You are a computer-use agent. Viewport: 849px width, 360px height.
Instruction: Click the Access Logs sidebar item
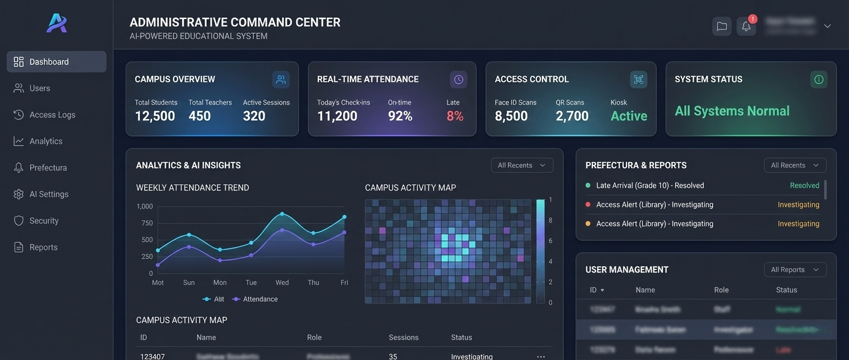pyautogui.click(x=52, y=115)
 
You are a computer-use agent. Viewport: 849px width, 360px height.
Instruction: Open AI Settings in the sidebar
pyautogui.click(x=49, y=194)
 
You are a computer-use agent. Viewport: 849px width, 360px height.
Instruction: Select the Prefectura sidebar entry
pyautogui.click(x=48, y=168)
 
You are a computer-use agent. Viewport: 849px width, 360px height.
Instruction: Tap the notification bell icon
pyautogui.click(x=746, y=26)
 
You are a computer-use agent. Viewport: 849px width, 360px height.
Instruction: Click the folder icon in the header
pyautogui.click(x=722, y=26)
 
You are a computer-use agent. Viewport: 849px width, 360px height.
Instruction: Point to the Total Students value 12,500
pyautogui.click(x=155, y=116)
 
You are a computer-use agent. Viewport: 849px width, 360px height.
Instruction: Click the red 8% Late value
pyautogui.click(x=455, y=116)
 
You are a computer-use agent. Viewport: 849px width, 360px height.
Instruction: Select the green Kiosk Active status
pyautogui.click(x=629, y=116)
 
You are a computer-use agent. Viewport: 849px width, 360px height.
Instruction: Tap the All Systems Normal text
pyautogui.click(x=732, y=111)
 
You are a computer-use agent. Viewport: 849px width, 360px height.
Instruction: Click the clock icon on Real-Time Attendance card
pyautogui.click(x=458, y=79)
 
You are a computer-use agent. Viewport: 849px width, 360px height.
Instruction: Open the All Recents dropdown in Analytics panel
pyautogui.click(x=522, y=165)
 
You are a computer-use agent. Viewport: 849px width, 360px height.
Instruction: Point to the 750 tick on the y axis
pyautogui.click(x=147, y=223)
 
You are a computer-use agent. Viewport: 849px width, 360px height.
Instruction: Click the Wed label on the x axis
pyautogui.click(x=282, y=282)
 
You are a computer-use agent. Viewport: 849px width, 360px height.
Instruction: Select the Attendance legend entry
pyautogui.click(x=260, y=299)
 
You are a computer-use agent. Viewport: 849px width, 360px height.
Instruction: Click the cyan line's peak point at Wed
pyautogui.click(x=282, y=214)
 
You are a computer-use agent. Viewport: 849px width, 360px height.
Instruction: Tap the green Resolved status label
pyautogui.click(x=804, y=185)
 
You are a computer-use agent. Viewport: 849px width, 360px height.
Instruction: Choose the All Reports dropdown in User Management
pyautogui.click(x=795, y=269)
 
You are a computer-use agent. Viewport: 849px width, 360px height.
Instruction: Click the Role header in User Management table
pyautogui.click(x=721, y=290)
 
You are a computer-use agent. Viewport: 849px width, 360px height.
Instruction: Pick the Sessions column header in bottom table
pyautogui.click(x=403, y=337)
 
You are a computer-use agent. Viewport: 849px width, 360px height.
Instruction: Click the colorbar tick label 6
pyautogui.click(x=550, y=241)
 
